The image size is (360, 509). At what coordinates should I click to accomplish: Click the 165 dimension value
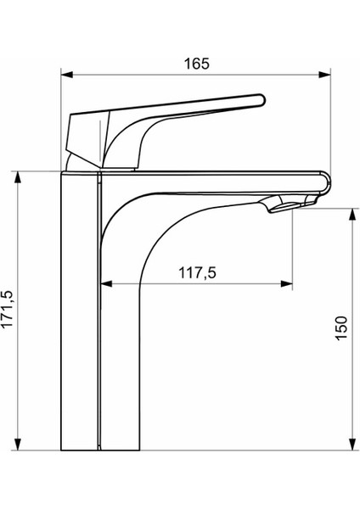click(197, 64)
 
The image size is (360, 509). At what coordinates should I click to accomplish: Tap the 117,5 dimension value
click(197, 272)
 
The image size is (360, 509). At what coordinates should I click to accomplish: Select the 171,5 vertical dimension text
click(7, 309)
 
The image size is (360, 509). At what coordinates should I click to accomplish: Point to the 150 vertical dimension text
click(341, 328)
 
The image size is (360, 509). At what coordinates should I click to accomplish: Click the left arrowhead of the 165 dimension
click(67, 75)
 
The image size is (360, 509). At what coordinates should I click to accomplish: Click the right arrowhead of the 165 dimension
click(324, 75)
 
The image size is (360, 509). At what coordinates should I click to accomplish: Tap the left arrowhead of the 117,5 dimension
click(107, 284)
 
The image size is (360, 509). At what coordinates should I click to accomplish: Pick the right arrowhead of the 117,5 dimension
click(287, 284)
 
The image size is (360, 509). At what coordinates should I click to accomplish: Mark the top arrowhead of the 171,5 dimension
click(18, 177)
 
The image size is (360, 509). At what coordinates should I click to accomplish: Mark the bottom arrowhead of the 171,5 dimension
click(18, 444)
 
